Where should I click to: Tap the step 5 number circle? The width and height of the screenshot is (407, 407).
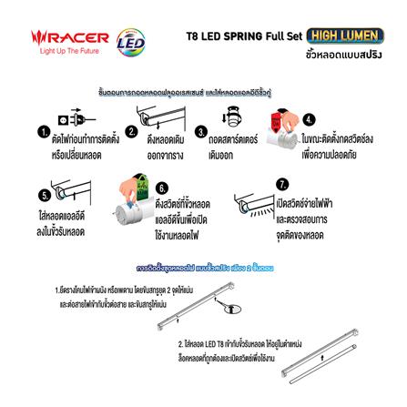coord(43,193)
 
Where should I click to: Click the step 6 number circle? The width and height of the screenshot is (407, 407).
coord(161,185)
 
